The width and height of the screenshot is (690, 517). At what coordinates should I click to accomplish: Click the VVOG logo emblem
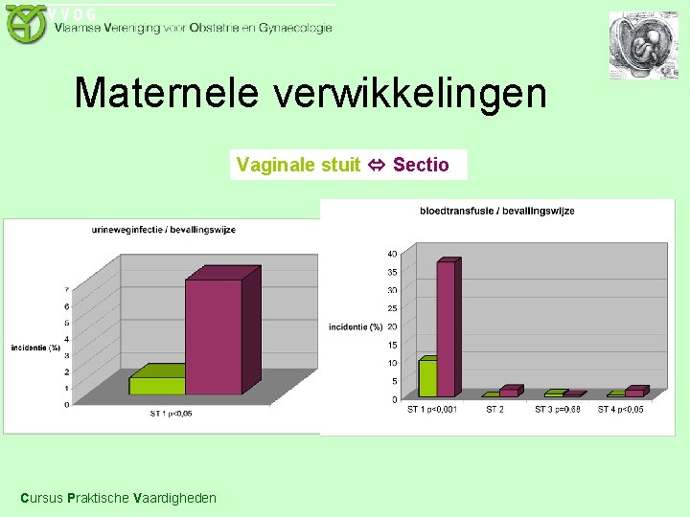click(x=26, y=23)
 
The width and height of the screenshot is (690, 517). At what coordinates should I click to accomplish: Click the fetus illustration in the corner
click(x=643, y=45)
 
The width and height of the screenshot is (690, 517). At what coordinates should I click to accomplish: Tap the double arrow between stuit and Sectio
click(x=377, y=165)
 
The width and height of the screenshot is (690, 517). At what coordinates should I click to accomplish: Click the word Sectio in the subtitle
click(x=421, y=165)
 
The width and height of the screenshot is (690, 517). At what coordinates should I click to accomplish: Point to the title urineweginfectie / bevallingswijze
click(x=164, y=230)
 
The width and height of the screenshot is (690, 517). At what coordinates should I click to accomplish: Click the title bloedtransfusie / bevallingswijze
click(x=496, y=211)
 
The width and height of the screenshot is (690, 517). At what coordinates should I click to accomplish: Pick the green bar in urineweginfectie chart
click(x=156, y=384)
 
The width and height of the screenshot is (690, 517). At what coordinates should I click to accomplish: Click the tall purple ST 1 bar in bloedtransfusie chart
click(x=446, y=328)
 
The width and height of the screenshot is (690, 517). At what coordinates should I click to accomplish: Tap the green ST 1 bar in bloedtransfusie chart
click(x=426, y=377)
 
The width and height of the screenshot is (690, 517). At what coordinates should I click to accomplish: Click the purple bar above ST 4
click(x=634, y=392)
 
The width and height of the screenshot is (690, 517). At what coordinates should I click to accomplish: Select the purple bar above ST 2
click(x=509, y=392)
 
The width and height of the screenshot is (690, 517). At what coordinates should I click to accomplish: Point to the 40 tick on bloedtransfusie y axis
click(x=392, y=254)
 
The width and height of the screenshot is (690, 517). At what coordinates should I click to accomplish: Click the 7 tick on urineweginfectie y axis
click(x=66, y=290)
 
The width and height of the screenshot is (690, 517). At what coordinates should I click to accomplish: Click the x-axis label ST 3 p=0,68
click(x=558, y=410)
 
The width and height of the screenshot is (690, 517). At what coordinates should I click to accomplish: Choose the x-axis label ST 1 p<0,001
click(x=432, y=410)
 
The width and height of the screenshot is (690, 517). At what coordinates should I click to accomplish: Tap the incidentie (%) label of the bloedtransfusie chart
click(x=356, y=327)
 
